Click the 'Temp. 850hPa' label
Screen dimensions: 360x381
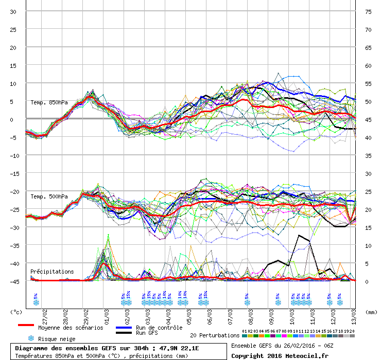coord(49,102)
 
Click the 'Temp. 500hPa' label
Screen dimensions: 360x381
coord(49,196)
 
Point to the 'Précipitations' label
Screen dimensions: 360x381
coord(52,272)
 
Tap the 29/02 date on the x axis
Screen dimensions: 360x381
coord(86,313)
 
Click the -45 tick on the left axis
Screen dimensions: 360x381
coord(12,281)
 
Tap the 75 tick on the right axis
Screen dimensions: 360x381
coord(368,12)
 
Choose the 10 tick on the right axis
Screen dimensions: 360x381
coord(368,245)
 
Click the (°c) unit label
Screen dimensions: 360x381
coord(16,312)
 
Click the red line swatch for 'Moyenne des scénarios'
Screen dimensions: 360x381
coord(26,325)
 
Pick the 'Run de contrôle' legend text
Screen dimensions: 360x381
coord(159,328)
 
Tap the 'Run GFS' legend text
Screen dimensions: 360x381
coord(147,333)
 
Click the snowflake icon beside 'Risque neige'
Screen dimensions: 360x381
coord(31,338)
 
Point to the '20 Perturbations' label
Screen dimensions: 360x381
coord(215,335)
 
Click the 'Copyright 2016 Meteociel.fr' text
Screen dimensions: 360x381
coord(279,355)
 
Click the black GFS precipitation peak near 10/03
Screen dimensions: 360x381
coord(299,235)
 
